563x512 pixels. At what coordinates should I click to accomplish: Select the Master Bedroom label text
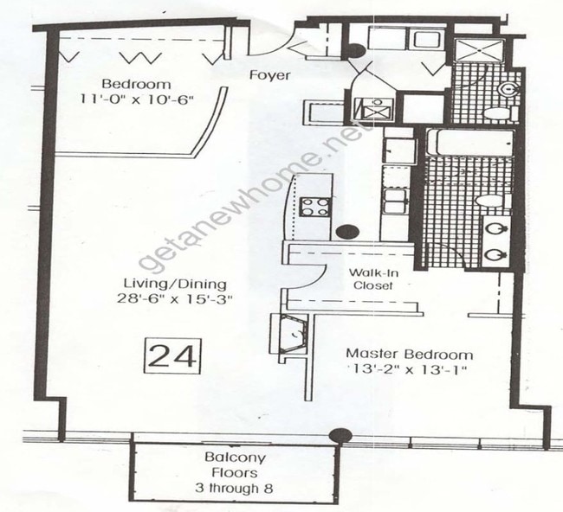(x=410, y=354)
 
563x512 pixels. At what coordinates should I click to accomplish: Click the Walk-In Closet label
(x=372, y=278)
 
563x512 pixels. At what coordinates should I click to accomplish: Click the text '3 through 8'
(x=235, y=489)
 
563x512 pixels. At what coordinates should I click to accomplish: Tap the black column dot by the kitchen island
(x=348, y=232)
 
